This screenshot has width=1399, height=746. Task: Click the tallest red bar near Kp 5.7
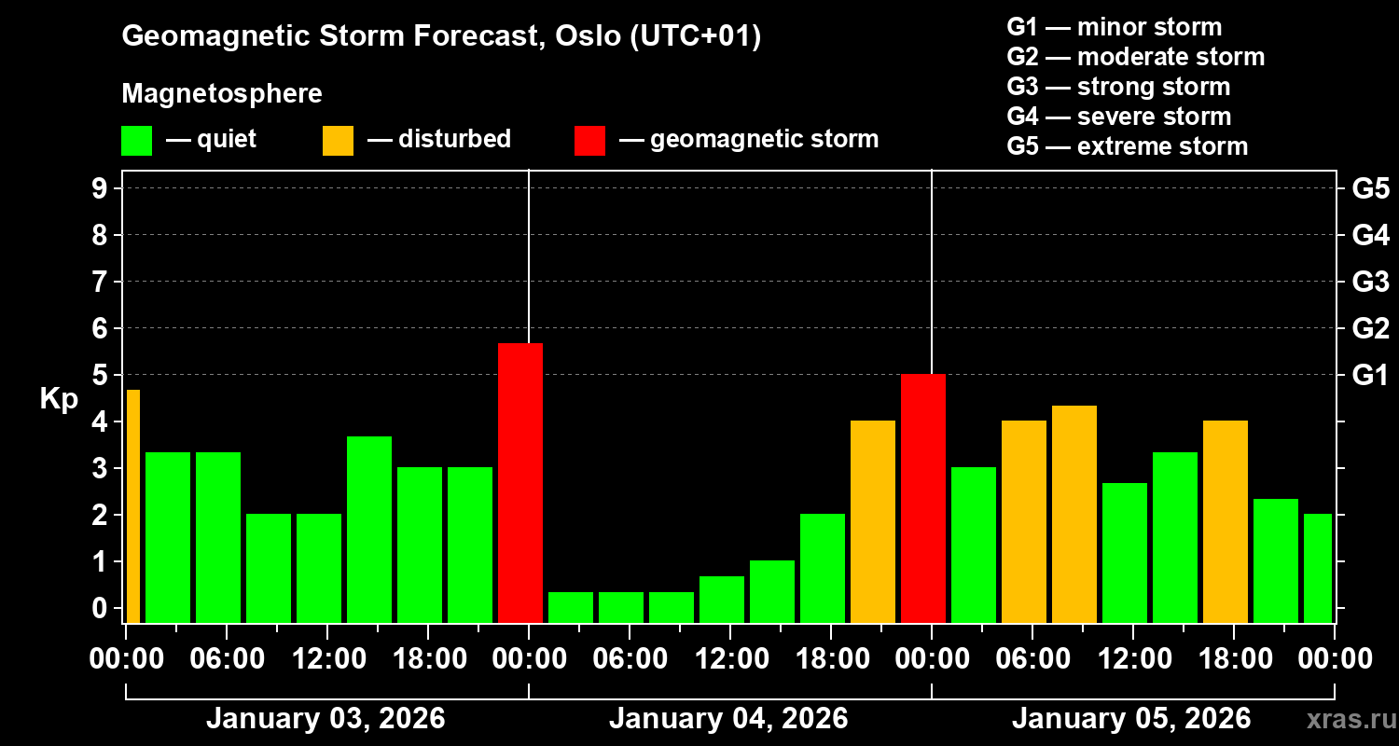pos(519,483)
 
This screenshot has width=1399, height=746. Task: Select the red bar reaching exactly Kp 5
pos(922,498)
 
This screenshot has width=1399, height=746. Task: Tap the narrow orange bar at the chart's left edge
pos(132,506)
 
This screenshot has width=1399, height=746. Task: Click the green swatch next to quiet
pos(136,140)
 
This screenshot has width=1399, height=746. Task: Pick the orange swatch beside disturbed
pos(338,140)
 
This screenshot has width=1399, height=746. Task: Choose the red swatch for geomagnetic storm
pos(589,140)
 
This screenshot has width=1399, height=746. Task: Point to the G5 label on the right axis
pos(1370,189)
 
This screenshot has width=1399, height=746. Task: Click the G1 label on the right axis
pos(1370,376)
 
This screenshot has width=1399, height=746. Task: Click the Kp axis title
pos(58,399)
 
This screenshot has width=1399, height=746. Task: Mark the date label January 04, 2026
pos(728,719)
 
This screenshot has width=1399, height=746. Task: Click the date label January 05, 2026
pos(1131,719)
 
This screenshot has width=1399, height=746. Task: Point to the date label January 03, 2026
pos(326,719)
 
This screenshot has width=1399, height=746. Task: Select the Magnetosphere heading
pos(222,94)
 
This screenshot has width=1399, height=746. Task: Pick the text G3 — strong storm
pos(1118,87)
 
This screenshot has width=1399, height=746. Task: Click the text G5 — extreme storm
pos(1127,146)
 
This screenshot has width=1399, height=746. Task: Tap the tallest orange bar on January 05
pos(1073,514)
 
